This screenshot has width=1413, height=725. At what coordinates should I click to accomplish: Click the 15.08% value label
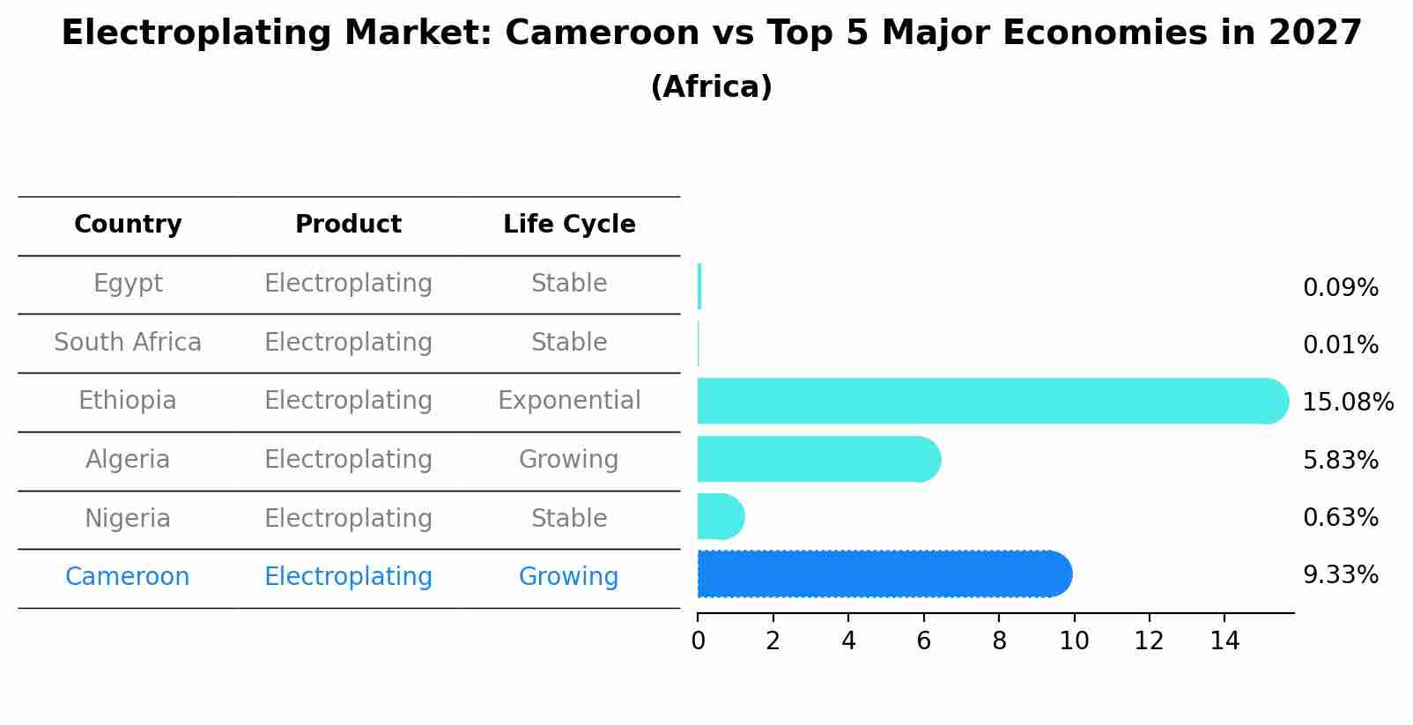[x=1347, y=403]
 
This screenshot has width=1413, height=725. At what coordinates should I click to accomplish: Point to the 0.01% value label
[x=1340, y=345]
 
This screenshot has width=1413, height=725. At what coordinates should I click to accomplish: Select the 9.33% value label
[x=1340, y=575]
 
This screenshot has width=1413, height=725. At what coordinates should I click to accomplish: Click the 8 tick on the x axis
[x=999, y=640]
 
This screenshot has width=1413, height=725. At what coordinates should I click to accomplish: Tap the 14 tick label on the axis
[x=1224, y=640]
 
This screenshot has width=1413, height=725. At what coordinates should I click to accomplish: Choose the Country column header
[x=128, y=225]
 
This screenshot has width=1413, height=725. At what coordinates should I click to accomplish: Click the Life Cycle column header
[x=569, y=225]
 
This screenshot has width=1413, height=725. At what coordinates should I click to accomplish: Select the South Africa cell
[x=128, y=342]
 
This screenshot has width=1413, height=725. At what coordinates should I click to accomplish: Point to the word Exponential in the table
[x=569, y=401]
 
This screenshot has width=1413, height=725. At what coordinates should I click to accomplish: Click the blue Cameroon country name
[x=128, y=577]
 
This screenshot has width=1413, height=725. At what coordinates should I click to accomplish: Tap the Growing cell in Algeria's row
[x=569, y=459]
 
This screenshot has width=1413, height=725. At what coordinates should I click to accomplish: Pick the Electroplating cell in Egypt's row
[x=348, y=284]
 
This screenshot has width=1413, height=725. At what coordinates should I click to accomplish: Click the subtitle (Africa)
[x=711, y=87]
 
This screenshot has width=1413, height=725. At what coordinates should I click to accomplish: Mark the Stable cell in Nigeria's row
[x=569, y=518]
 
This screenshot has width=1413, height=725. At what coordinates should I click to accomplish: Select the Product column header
[x=348, y=225]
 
